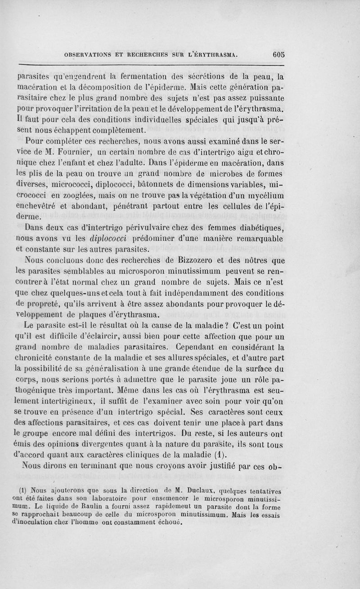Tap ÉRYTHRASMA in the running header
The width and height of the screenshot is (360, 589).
pos(214,55)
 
